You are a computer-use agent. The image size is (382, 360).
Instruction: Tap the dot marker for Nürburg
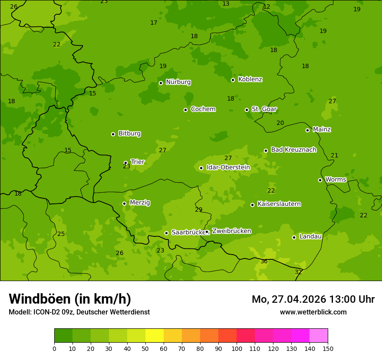point(161,83)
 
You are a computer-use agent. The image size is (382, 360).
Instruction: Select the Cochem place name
point(203,109)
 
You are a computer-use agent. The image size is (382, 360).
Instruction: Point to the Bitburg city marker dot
point(113,134)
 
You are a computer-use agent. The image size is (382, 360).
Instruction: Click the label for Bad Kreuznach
point(293,150)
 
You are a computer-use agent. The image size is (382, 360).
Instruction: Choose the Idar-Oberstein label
point(228,167)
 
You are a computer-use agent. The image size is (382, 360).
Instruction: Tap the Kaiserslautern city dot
point(252,205)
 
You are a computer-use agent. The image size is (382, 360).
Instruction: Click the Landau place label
point(310,236)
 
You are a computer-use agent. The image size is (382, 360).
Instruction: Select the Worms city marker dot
point(320,180)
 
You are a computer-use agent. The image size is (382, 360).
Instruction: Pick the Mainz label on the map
point(322,129)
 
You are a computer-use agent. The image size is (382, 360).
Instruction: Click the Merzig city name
point(140,203)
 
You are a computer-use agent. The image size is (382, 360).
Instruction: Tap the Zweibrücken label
point(231,231)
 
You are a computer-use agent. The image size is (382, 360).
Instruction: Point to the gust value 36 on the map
point(264,261)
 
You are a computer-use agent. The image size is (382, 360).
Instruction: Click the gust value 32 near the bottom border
point(298,272)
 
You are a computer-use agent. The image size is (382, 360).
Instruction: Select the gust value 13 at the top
point(226,4)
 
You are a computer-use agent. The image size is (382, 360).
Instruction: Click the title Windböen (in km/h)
point(70,299)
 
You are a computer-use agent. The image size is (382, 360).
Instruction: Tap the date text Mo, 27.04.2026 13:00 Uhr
point(313,299)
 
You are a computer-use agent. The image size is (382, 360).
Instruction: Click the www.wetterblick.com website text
point(313,312)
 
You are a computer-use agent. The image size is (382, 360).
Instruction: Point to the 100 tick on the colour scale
point(237,348)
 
